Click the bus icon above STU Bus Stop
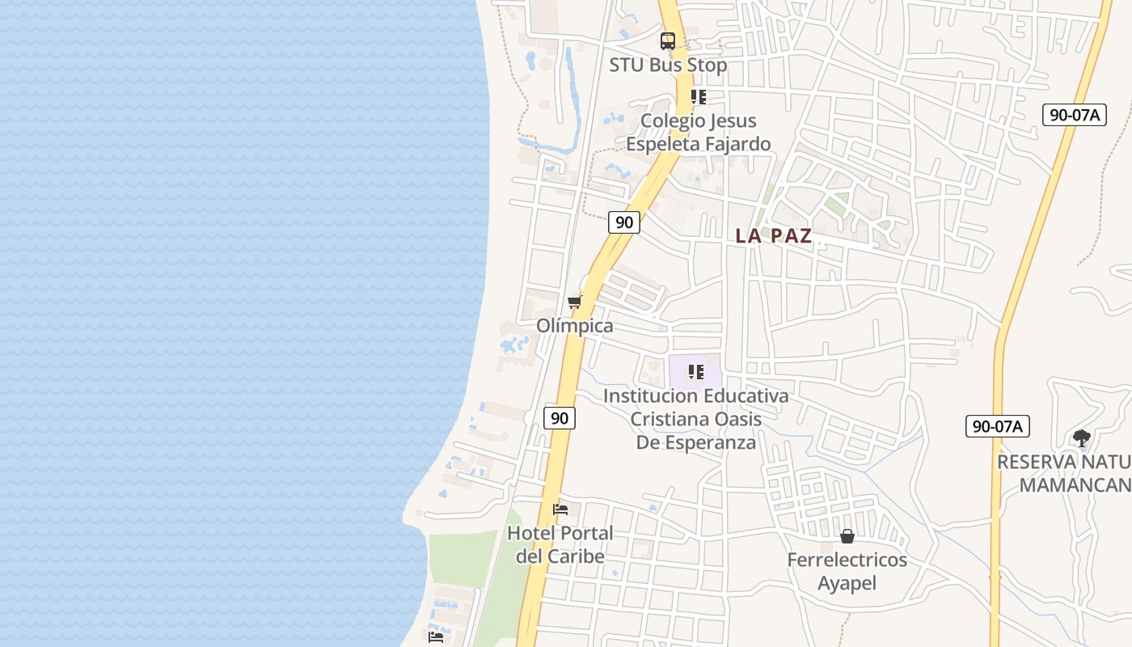click(668, 41)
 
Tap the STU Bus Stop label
click(668, 65)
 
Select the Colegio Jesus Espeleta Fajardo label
click(699, 132)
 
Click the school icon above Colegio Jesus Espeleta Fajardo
click(699, 98)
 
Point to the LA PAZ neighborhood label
click(774, 236)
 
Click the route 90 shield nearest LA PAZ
click(623, 222)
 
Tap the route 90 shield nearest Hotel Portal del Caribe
click(560, 418)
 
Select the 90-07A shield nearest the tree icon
click(997, 426)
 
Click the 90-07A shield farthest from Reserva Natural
click(1074, 115)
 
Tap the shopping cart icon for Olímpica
click(575, 302)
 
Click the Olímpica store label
click(575, 326)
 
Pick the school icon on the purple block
click(695, 373)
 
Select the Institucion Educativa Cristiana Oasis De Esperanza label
click(696, 419)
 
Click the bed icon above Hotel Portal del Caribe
click(560, 510)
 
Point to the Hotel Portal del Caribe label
click(560, 544)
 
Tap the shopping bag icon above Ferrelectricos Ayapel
click(847, 536)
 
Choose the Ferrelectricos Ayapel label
click(847, 571)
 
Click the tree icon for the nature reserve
click(1082, 439)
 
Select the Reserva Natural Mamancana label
click(1064, 473)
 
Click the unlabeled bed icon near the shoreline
click(436, 637)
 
